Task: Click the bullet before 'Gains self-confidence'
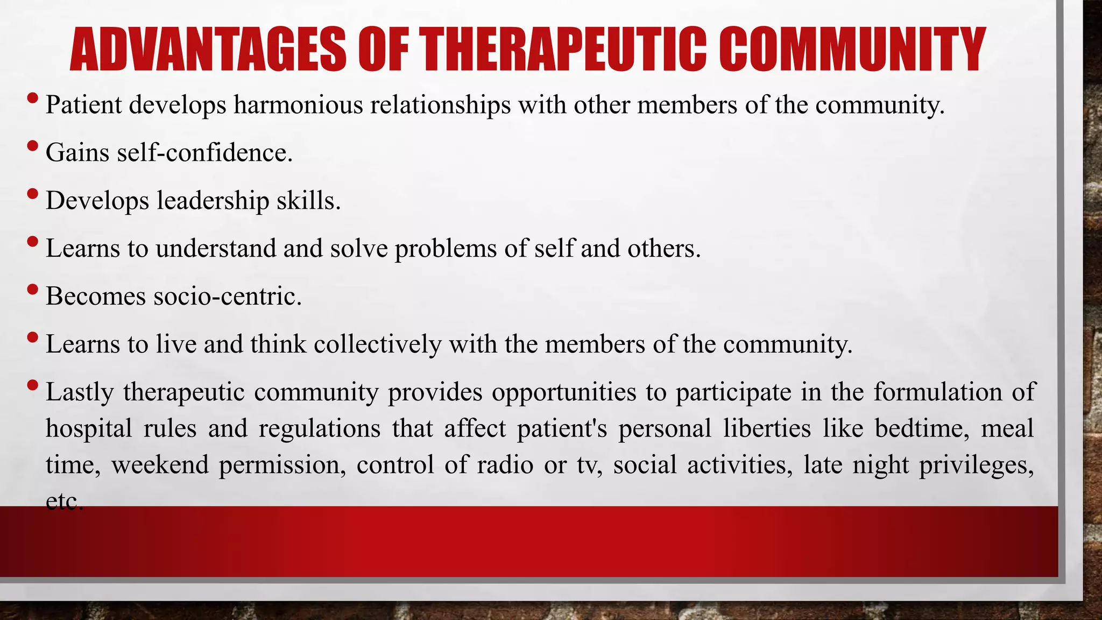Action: [x=32, y=146]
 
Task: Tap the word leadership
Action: [x=213, y=200]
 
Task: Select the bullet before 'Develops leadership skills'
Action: [x=32, y=194]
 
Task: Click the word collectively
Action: [x=377, y=344]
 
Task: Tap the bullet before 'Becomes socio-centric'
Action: [x=32, y=290]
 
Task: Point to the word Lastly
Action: [x=80, y=392]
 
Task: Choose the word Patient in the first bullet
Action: [x=83, y=104]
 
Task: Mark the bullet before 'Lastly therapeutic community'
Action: [x=32, y=385]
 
